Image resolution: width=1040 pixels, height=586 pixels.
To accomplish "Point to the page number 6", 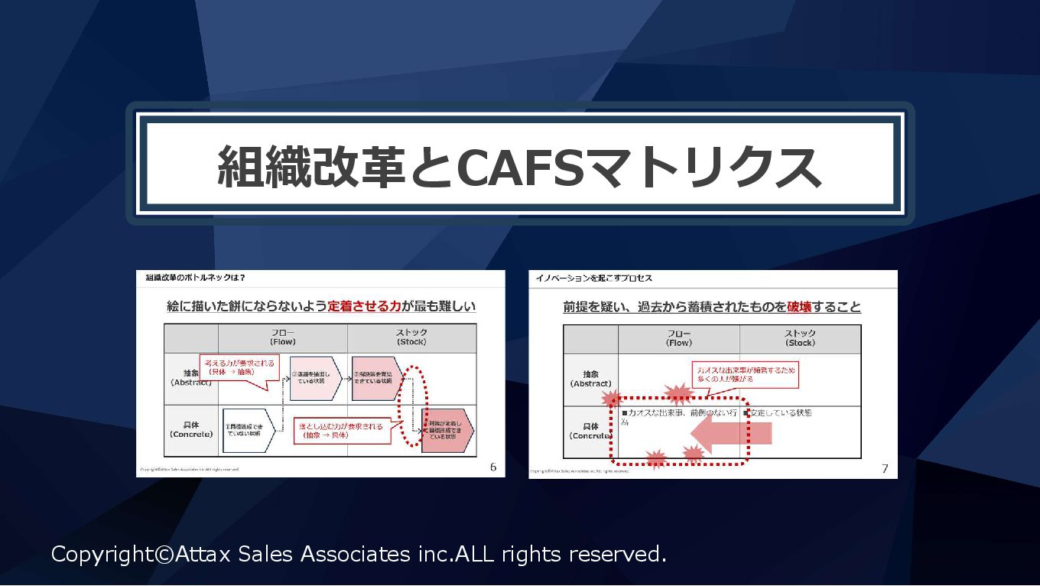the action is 493,467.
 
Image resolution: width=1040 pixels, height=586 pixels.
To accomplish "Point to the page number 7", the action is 885,468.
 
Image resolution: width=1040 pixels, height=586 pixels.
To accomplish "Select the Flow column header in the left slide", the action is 283,337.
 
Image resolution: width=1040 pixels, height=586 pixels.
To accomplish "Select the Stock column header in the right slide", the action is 800,338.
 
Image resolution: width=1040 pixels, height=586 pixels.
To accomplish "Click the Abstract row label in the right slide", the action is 590,379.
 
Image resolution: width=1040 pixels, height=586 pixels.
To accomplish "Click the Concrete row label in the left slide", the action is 191,429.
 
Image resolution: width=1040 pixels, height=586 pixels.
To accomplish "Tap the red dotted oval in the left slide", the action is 416,405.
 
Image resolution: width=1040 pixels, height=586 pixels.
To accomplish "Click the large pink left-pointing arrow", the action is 730,435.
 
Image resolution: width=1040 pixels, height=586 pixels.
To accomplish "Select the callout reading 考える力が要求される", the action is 237,366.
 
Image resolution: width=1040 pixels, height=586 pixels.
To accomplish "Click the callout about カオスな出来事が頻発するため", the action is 744,373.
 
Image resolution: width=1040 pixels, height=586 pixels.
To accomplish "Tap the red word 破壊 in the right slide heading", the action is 799,307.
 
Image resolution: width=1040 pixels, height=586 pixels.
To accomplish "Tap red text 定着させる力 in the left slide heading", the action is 364,306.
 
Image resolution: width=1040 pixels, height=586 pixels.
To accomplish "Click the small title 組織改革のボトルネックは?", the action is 195,277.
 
